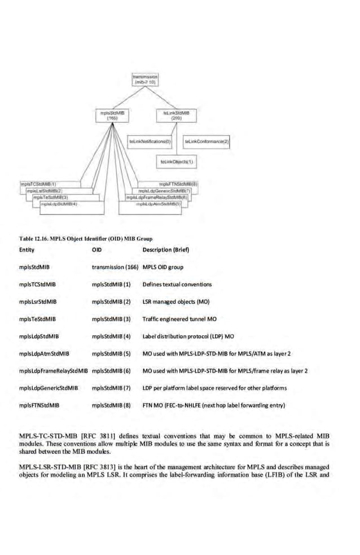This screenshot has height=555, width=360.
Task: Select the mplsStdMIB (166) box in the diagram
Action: (x=112, y=115)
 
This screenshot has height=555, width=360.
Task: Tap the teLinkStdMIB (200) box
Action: (x=179, y=115)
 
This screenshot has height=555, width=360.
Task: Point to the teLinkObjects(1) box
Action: (x=177, y=161)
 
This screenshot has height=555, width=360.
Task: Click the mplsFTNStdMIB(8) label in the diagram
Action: (x=178, y=184)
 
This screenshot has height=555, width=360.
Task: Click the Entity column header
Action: (x=27, y=250)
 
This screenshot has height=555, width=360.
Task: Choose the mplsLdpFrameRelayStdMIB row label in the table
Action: (x=54, y=371)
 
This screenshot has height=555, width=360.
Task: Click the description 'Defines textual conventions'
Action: (x=177, y=285)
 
